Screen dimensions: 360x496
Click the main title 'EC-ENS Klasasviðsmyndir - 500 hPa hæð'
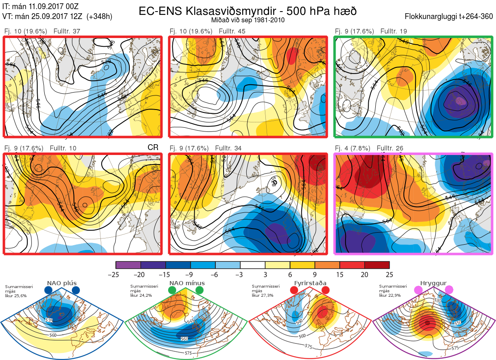[248, 11]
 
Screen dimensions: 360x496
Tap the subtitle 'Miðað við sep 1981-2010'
[248, 20]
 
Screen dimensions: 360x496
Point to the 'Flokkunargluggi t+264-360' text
[450, 17]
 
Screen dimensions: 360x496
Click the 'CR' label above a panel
[153, 148]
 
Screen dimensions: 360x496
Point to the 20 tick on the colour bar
[365, 274]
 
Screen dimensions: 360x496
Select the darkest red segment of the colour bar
[377, 265]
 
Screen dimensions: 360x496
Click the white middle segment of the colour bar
[253, 265]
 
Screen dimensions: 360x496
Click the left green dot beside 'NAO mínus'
[172, 290]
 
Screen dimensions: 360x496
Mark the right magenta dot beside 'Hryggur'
[448, 290]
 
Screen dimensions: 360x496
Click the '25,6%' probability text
[20, 296]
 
